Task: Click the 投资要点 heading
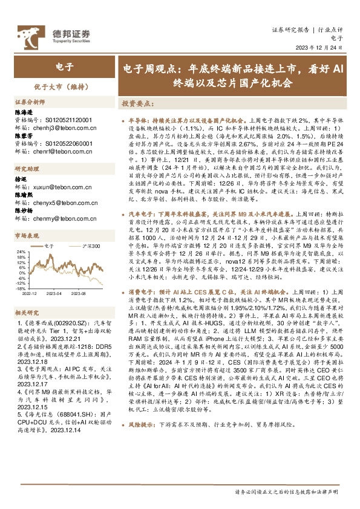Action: (138, 103)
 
